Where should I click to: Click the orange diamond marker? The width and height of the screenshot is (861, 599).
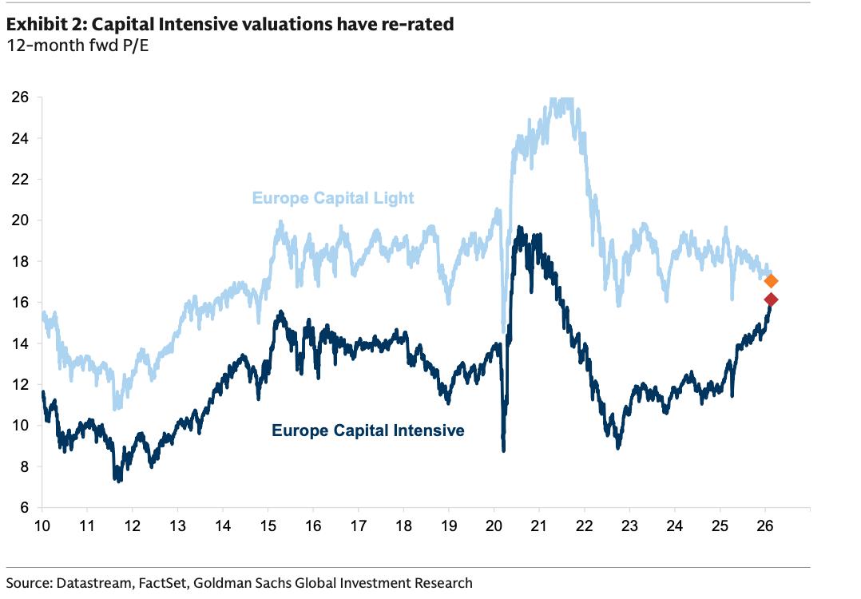(x=771, y=281)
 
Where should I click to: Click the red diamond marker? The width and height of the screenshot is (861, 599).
(x=771, y=299)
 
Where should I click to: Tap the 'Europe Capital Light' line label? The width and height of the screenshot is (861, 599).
(x=333, y=198)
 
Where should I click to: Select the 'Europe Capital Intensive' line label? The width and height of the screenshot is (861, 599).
(x=367, y=431)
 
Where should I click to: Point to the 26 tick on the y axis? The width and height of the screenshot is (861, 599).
(x=22, y=97)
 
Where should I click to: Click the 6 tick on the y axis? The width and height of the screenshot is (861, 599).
(x=25, y=508)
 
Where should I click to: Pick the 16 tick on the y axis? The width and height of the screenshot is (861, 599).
(x=22, y=303)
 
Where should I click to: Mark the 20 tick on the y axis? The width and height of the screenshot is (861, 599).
(x=22, y=220)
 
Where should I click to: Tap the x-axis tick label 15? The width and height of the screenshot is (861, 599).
(x=268, y=526)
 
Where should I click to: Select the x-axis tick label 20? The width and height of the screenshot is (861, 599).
(x=494, y=526)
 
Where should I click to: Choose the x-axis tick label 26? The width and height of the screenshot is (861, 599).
(x=764, y=526)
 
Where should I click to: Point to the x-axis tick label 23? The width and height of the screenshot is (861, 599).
(x=629, y=526)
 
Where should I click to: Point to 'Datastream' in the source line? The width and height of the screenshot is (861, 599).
(x=87, y=583)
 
